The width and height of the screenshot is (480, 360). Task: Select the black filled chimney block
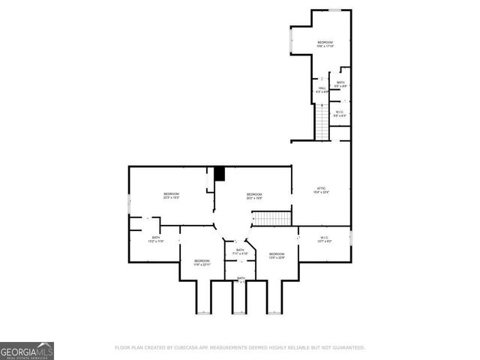click(220, 174)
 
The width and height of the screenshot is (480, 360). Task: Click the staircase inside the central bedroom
click(270, 218)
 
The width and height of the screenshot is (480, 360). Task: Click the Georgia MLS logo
click(27, 350)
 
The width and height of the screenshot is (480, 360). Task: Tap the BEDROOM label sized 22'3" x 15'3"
click(171, 196)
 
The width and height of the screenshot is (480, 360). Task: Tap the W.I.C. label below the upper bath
click(340, 114)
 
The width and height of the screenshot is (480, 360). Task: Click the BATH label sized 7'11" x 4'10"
click(240, 252)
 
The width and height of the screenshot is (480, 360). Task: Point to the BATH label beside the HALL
click(340, 84)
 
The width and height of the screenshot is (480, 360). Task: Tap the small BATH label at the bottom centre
click(241, 278)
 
